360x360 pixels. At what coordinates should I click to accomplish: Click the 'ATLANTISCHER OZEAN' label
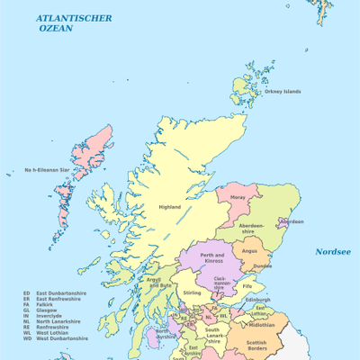pyautogui.click(x=75, y=22)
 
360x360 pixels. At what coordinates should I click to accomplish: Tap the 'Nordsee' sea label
pyautogui.click(x=332, y=252)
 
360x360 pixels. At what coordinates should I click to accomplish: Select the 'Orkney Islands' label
pyautogui.click(x=283, y=91)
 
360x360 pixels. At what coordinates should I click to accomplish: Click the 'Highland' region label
pyautogui.click(x=170, y=207)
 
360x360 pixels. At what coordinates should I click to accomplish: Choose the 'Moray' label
pyautogui.click(x=238, y=196)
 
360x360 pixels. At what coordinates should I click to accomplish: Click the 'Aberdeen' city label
pyautogui.click(x=292, y=221)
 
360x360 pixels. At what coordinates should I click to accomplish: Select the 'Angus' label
pyautogui.click(x=250, y=251)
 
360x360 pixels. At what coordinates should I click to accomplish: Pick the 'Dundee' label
pyautogui.click(x=262, y=265)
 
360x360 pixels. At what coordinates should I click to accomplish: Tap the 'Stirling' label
pyautogui.click(x=192, y=292)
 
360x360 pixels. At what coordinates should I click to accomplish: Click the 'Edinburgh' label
pyautogui.click(x=257, y=300)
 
